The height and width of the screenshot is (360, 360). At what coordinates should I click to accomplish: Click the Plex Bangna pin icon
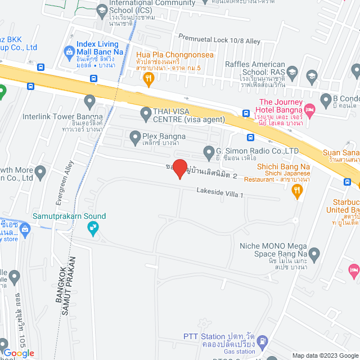pos(135,136)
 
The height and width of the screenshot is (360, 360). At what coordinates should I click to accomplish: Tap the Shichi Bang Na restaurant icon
pos(297,192)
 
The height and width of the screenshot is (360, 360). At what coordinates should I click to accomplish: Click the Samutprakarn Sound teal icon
pos(93,227)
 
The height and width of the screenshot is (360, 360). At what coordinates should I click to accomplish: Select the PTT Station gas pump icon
pos(263,342)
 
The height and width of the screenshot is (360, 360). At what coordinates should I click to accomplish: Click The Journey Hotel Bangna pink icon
pos(309,109)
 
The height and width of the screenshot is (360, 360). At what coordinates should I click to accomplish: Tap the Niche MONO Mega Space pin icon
pos(314,254)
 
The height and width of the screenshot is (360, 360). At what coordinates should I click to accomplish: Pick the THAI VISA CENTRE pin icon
pos(146,113)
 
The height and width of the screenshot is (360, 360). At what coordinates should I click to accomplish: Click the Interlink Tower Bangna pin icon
pos(89,101)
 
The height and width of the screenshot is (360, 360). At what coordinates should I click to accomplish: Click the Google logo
pos(19,353)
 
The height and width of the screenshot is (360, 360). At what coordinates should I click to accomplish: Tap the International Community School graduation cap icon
pos(101,10)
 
